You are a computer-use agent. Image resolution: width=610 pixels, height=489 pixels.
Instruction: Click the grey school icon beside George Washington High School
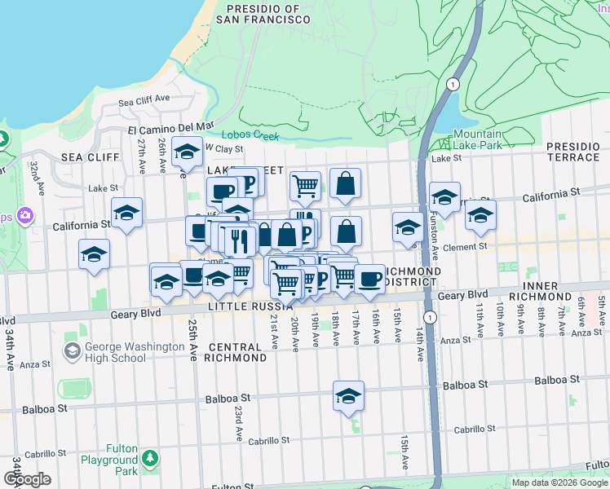(x=72, y=350)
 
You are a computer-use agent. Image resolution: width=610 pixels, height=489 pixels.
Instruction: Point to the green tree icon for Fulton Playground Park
(x=150, y=460)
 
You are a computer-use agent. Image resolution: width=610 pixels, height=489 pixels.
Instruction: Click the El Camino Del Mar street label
(x=170, y=128)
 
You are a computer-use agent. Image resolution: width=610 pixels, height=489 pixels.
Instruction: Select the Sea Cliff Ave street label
(x=144, y=101)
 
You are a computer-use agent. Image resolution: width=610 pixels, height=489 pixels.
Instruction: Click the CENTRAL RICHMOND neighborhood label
(x=236, y=352)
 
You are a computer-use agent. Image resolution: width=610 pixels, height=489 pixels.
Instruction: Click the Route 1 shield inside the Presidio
(x=452, y=84)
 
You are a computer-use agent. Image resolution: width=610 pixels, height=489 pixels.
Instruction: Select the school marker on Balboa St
(x=348, y=396)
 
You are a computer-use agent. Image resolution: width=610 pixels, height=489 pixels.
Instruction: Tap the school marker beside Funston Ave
(x=444, y=197)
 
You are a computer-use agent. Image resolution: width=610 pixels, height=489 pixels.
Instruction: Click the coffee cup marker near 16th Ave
(x=369, y=279)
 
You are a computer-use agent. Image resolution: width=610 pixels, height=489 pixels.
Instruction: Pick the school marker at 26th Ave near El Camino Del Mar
(x=187, y=152)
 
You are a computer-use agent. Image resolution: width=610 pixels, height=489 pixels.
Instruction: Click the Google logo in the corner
(x=27, y=479)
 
